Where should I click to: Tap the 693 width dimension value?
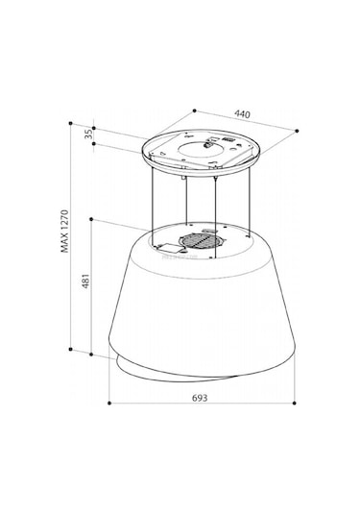(x=198, y=397)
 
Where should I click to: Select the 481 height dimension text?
(x=84, y=283)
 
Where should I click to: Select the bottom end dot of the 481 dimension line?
(x=91, y=355)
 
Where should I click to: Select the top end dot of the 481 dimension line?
(x=91, y=219)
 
